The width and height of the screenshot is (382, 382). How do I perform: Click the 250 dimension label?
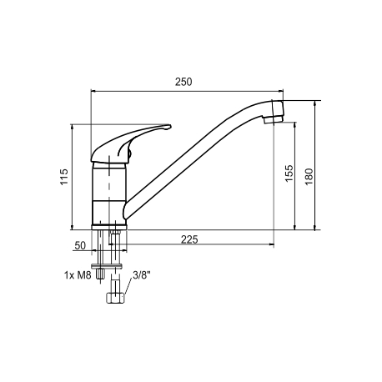(x=183, y=82)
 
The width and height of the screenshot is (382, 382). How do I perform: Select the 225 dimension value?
(x=189, y=239)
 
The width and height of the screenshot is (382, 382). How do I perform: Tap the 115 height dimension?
(x=64, y=177)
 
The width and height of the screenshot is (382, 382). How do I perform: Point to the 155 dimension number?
(x=289, y=173)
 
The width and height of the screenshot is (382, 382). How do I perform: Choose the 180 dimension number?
(x=309, y=177)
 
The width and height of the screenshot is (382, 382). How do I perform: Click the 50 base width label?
(x=80, y=245)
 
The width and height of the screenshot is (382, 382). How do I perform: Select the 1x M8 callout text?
(x=78, y=275)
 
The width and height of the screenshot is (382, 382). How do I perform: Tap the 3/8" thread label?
(x=142, y=275)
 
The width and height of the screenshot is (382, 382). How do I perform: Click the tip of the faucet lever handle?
(x=170, y=127)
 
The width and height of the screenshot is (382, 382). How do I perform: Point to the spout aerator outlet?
(x=274, y=120)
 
